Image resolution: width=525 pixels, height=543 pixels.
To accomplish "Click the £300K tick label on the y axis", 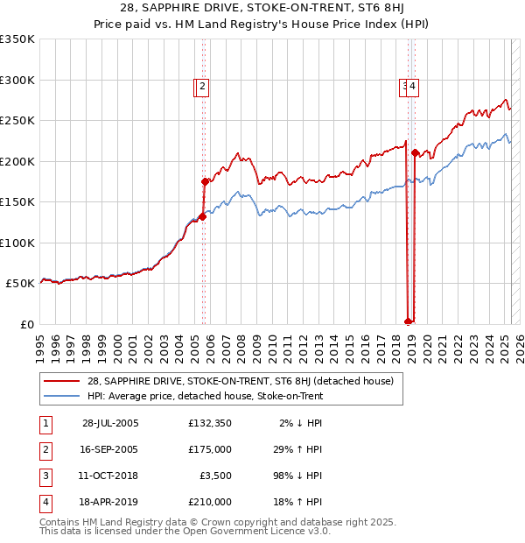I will [x=17, y=80].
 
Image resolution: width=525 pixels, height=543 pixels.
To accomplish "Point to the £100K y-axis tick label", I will [x=17, y=243].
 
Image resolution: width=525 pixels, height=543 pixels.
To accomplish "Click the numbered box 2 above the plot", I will [x=202, y=86].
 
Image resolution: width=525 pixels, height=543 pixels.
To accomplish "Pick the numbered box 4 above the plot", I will [x=412, y=86].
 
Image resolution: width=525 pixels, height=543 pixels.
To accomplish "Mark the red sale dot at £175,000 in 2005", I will [x=206, y=182].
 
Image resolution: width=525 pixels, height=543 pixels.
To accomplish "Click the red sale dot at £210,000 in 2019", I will [x=415, y=153].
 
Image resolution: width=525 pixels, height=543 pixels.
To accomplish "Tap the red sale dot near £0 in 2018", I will [x=408, y=321].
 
